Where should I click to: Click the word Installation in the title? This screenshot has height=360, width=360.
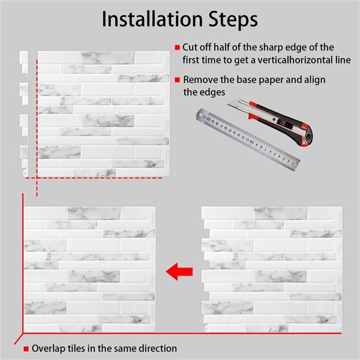[152, 19]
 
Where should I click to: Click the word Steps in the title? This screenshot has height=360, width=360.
[233, 20]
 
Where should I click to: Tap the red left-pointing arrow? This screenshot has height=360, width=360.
[179, 272]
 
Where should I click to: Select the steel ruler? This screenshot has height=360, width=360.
[248, 139]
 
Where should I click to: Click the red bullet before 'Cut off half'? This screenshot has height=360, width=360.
[177, 47]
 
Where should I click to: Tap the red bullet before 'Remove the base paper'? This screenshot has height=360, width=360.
[177, 80]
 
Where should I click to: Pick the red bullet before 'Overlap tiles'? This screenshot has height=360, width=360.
[26, 349]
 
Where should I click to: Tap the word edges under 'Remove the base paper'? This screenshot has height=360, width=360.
[212, 92]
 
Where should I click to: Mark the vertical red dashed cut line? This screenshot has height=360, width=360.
[37, 128]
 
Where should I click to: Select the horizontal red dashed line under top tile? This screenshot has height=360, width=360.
[94, 178]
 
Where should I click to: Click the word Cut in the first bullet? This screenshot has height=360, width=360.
[190, 47]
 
